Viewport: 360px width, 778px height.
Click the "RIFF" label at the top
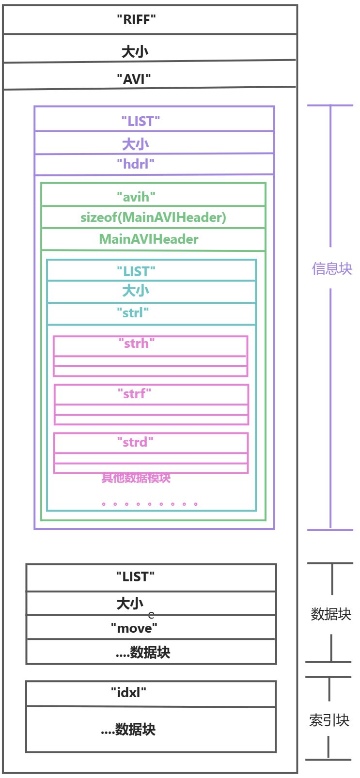click(x=136, y=20)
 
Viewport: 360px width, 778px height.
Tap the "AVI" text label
click(x=134, y=79)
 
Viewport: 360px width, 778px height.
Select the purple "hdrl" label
click(x=136, y=164)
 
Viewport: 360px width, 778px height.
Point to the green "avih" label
click(x=136, y=197)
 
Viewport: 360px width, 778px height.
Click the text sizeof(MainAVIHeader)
click(x=153, y=218)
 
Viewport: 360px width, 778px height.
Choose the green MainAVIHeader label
click(x=149, y=239)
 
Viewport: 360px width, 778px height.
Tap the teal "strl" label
click(x=133, y=313)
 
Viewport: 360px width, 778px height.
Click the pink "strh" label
click(x=137, y=343)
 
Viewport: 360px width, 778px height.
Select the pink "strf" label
click(x=134, y=394)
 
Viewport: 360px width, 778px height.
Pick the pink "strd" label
click(x=135, y=442)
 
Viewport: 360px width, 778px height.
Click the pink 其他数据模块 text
click(x=136, y=478)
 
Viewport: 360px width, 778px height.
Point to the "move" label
click(x=134, y=628)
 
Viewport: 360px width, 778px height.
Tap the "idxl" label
click(x=128, y=692)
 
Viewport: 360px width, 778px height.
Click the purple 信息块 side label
click(x=332, y=269)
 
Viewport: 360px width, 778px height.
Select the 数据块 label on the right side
click(x=331, y=614)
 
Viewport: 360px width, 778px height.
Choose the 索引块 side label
click(x=329, y=720)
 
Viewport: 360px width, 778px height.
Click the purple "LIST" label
click(x=141, y=122)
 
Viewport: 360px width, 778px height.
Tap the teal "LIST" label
click(x=136, y=271)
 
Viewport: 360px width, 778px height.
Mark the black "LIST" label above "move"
click(x=135, y=577)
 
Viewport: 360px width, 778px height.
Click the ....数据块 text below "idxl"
click(x=128, y=730)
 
